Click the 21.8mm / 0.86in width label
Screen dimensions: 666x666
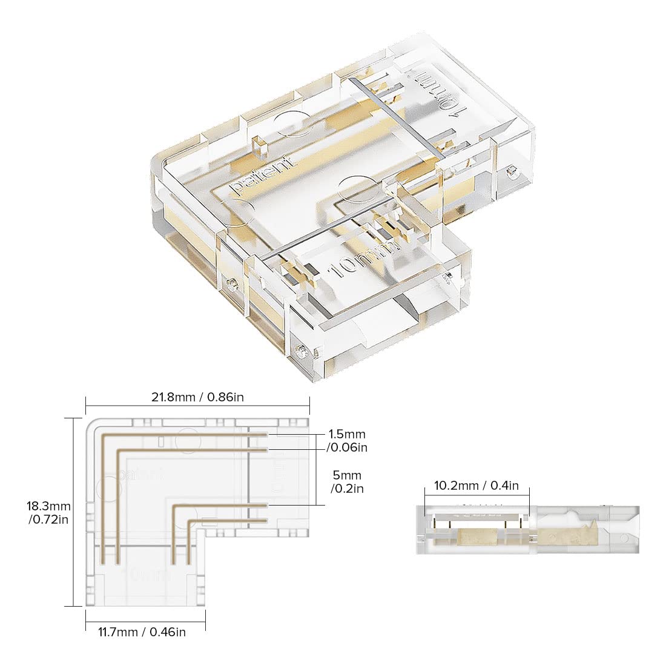pyautogui.click(x=197, y=397)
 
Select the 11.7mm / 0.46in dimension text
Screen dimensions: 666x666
pyautogui.click(x=142, y=632)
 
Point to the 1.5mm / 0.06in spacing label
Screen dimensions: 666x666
pyautogui.click(x=348, y=441)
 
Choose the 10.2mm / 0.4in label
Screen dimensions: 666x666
pyautogui.click(x=476, y=485)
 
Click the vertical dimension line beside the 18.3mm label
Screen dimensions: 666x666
pyautogui.click(x=73, y=512)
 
